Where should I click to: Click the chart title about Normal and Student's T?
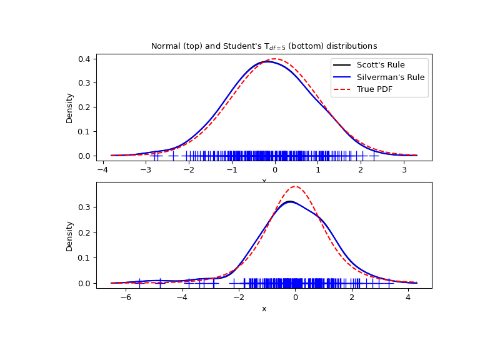[264, 46]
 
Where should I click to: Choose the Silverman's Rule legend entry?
[390, 77]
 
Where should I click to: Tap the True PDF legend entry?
[378, 89]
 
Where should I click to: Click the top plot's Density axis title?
[69, 107]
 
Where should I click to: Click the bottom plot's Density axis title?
[69, 236]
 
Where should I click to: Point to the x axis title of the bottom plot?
[264, 309]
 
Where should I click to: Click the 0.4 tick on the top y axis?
[84, 59]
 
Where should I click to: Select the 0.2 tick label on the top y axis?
[84, 107]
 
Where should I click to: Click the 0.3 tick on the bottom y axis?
[84, 207]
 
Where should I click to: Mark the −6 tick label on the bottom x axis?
[126, 297]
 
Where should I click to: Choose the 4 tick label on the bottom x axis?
[407, 297]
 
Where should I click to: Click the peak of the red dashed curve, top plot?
[274, 59]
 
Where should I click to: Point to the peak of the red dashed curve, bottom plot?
[295, 186]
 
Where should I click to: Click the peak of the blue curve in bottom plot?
[289, 201]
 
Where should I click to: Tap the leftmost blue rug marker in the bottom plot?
[139, 283]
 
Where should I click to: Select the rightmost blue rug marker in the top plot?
[374, 156]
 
